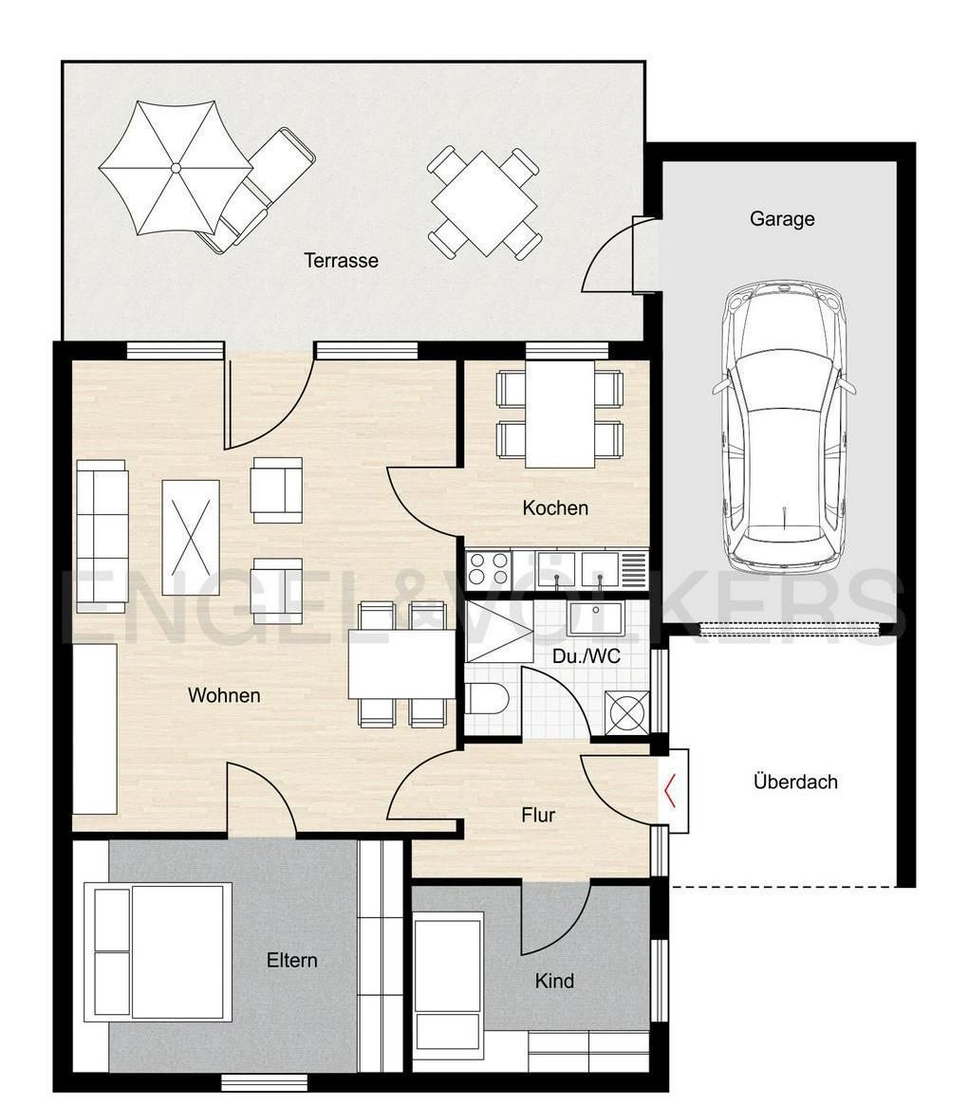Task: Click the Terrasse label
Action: pos(342,261)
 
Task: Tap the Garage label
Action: pos(782,219)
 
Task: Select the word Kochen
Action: pos(555,508)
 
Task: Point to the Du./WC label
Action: pos(586,656)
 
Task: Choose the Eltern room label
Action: pos(292,960)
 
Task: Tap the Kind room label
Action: pos(554,980)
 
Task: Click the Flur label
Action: pos(538,815)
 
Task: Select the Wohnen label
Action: pos(224,695)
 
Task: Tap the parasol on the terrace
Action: pos(176,168)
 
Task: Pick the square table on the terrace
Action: pos(484,204)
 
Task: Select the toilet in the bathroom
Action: pos(487,698)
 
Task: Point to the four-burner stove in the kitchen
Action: pos(488,569)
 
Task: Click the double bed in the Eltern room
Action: pos(158,951)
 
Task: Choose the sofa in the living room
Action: pos(102,537)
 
